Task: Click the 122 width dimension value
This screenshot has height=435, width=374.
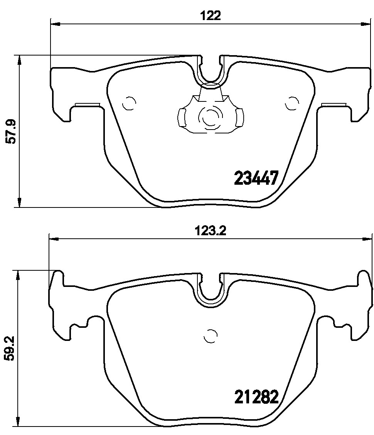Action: (x=211, y=15)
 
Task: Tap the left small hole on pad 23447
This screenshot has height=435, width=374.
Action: (x=129, y=103)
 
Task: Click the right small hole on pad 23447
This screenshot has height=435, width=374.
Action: (x=291, y=103)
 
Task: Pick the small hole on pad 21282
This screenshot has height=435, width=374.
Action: (x=211, y=336)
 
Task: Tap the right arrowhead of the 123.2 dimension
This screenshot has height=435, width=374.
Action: (x=369, y=239)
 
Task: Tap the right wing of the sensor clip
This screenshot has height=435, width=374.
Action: (x=239, y=116)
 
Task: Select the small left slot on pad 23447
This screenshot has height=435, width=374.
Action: (x=88, y=104)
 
